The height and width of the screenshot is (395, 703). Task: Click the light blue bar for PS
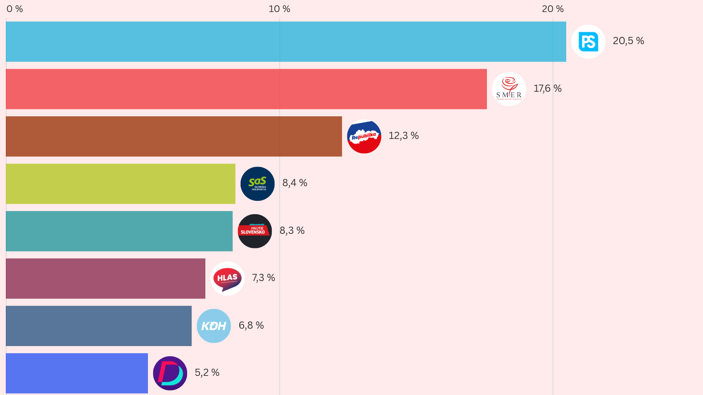click(285, 41)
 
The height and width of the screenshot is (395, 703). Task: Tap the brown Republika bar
click(174, 136)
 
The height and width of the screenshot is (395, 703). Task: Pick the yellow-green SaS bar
click(120, 183)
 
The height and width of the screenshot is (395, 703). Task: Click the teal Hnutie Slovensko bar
click(119, 231)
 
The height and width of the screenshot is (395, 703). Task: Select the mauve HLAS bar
click(105, 278)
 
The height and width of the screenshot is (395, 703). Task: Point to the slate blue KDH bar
click(98, 326)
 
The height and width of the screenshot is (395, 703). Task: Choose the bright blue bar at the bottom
click(77, 373)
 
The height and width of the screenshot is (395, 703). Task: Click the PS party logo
click(588, 41)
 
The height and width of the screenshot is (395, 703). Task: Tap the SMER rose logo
click(509, 89)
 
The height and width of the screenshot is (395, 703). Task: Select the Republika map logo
click(364, 136)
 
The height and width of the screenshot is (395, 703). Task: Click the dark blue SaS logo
click(257, 183)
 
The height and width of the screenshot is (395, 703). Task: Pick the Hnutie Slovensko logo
click(255, 231)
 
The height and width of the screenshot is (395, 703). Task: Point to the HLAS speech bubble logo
click(228, 278)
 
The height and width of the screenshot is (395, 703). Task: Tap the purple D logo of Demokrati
click(170, 373)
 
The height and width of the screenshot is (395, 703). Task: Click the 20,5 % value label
click(628, 41)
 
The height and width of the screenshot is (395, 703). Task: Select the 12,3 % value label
click(404, 136)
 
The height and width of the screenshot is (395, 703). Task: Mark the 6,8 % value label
click(251, 326)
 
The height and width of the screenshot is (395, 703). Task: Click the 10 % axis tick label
click(279, 9)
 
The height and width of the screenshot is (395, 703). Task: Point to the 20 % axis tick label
click(552, 9)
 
